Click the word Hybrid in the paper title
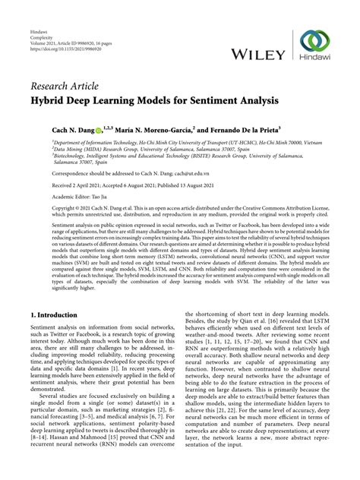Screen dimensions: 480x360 [x=52, y=99]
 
